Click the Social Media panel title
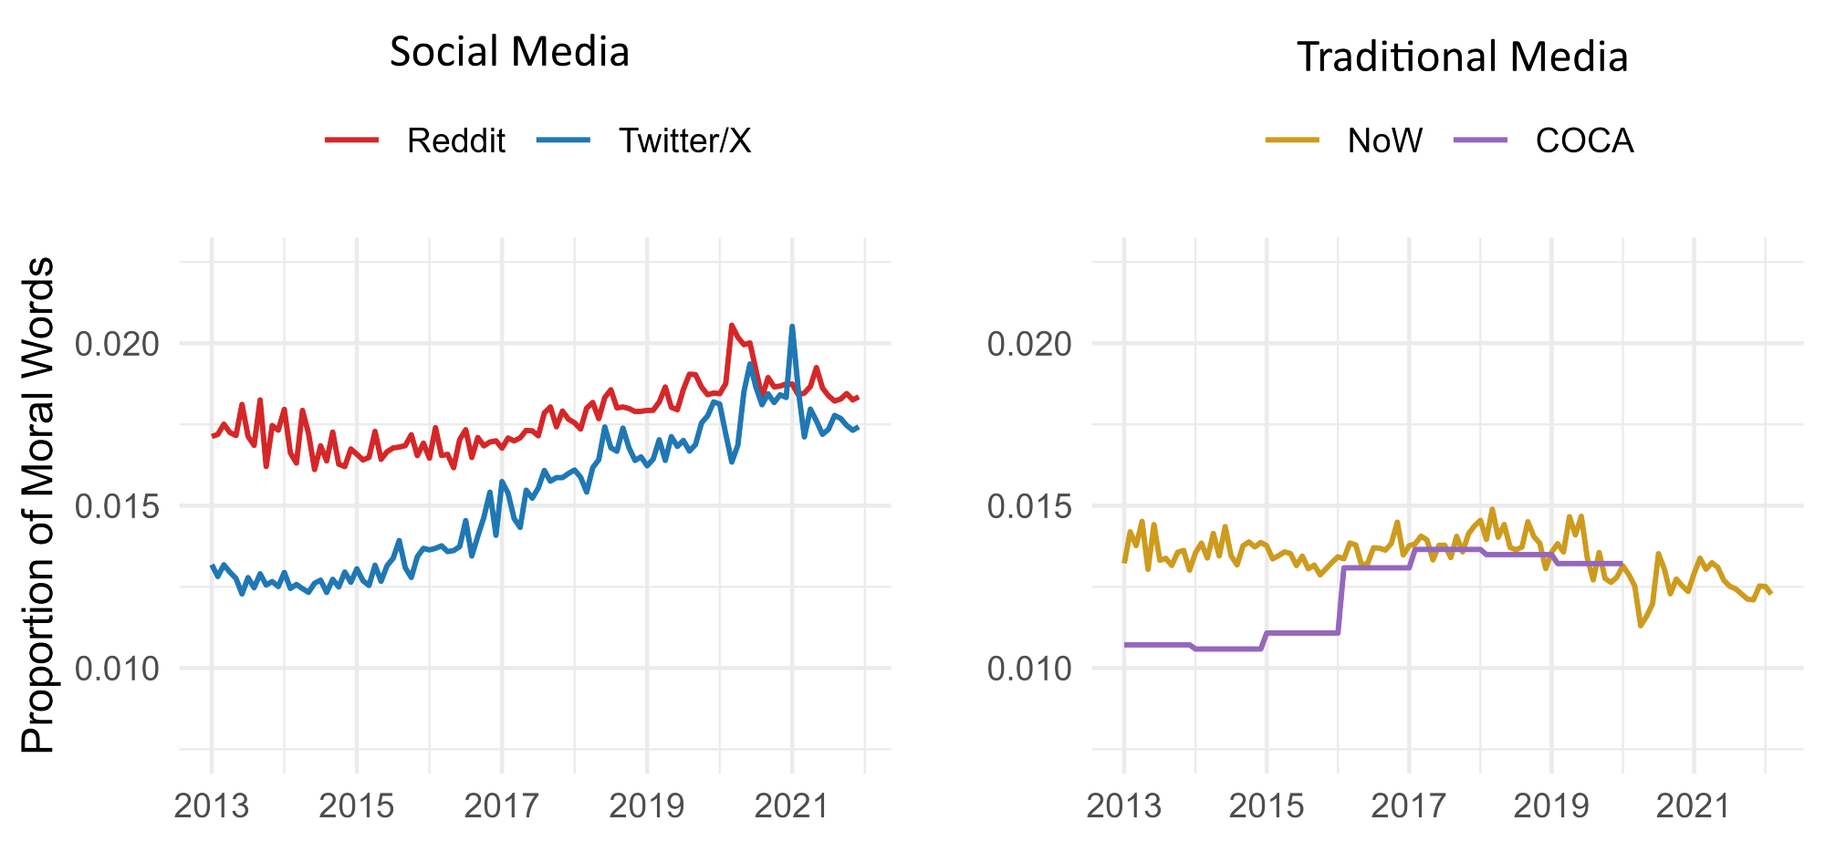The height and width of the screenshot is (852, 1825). click(x=509, y=52)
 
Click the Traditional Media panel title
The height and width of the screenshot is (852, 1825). click(x=1462, y=57)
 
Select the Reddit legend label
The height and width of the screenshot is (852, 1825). click(x=456, y=140)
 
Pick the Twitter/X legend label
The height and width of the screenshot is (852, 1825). click(x=684, y=140)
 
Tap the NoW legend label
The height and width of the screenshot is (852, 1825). click(x=1384, y=140)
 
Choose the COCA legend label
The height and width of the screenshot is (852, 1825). click(x=1584, y=140)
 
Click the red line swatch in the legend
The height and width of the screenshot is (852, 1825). click(x=352, y=140)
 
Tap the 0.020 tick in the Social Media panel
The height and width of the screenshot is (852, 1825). click(x=117, y=344)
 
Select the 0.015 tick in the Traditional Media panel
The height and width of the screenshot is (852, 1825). click(x=1029, y=506)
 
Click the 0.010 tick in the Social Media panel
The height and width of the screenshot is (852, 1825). click(x=117, y=669)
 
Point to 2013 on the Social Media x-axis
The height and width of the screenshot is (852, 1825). click(x=212, y=805)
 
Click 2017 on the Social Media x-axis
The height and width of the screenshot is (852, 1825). click(x=502, y=805)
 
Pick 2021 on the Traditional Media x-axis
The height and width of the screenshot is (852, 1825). click(x=1694, y=805)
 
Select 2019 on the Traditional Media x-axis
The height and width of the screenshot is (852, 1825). click(x=1551, y=805)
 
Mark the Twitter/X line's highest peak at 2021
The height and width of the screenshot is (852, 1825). click(x=792, y=327)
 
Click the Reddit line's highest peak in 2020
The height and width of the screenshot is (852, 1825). click(x=731, y=325)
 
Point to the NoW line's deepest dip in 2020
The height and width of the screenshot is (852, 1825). click(x=1641, y=625)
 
